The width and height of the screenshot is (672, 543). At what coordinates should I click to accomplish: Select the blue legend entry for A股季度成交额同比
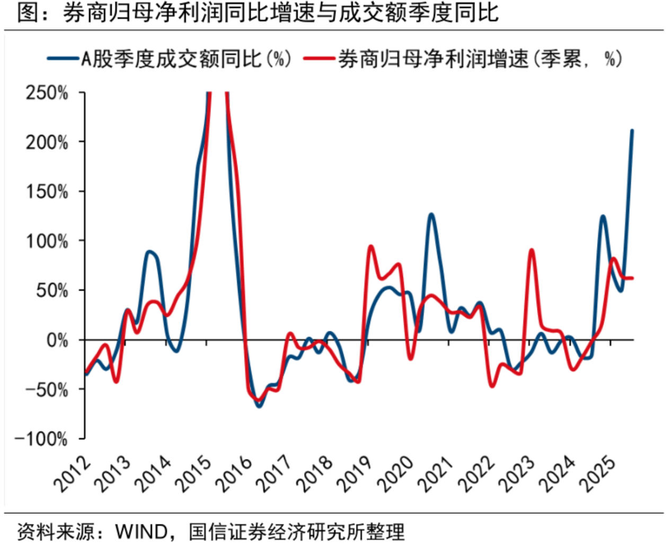[x=170, y=59]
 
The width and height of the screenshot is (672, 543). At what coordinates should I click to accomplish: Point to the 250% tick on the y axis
[x=48, y=93]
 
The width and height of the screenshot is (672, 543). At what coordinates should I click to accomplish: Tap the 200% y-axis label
[x=48, y=142]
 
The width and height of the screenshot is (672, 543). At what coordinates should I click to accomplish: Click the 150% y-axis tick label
[x=48, y=192]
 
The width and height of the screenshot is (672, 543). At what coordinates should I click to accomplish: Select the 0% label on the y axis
[x=57, y=340]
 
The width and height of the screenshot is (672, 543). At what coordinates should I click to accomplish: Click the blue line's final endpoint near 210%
[x=632, y=131]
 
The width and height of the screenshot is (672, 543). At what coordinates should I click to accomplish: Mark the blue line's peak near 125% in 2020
[x=431, y=215]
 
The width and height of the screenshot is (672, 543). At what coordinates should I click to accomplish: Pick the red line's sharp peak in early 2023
[x=532, y=250]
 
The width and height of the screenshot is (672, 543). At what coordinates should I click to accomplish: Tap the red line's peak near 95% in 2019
[x=370, y=247]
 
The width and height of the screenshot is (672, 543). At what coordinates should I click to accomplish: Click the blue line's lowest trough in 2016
[x=259, y=406]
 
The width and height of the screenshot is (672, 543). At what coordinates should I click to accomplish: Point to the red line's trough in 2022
[x=492, y=386]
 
